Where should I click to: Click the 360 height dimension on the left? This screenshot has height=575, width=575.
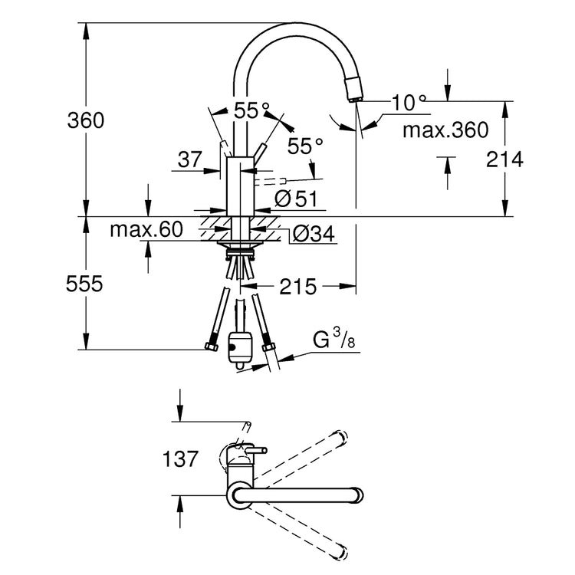click(x=85, y=120)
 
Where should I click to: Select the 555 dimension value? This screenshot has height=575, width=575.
click(x=84, y=284)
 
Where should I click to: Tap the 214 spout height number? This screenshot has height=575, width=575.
click(x=504, y=159)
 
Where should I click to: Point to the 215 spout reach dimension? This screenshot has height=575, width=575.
click(x=297, y=287)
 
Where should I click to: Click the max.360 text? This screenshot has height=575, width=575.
click(x=445, y=130)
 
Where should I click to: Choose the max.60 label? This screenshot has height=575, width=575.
click(x=146, y=229)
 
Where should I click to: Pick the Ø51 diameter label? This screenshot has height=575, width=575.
click(x=296, y=199)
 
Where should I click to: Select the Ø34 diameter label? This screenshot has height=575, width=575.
click(x=314, y=234)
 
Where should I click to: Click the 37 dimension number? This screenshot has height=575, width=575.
click(x=189, y=159)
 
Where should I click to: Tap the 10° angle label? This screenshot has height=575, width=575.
click(x=409, y=102)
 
